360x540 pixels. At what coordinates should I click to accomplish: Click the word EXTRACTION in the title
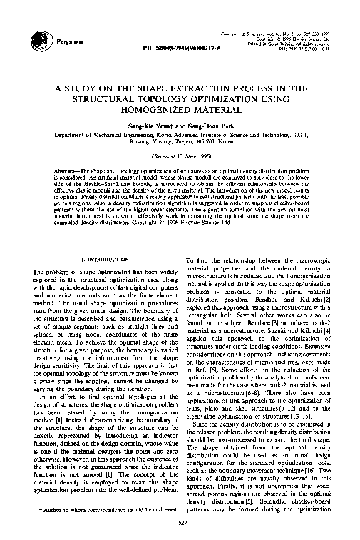click(208, 90)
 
